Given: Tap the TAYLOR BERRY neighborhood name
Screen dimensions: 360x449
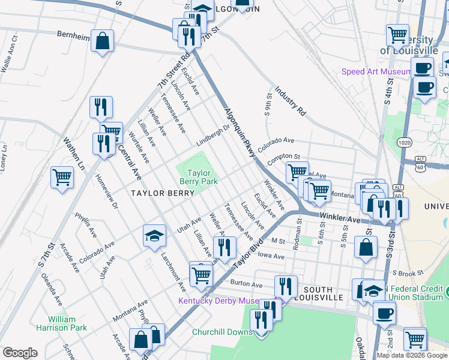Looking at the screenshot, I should (163, 193).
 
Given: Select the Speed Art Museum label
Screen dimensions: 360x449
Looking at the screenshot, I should (376, 71).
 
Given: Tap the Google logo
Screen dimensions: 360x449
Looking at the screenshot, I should (20, 353).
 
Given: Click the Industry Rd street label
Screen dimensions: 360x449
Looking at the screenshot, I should (291, 100).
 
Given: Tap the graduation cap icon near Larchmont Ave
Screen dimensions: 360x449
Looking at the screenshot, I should (154, 236).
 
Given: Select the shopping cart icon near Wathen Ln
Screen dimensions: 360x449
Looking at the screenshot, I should (62, 178).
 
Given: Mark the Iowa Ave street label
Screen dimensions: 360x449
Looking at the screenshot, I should (271, 256).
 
